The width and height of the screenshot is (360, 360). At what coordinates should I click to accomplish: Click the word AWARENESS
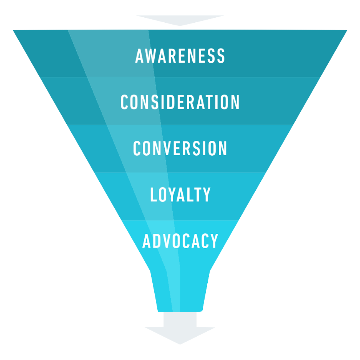pos(180,56)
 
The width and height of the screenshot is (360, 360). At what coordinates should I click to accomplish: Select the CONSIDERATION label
pos(180,102)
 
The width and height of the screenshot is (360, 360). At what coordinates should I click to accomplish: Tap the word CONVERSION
pos(180,148)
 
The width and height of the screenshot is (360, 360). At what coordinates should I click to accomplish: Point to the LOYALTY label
pos(180,195)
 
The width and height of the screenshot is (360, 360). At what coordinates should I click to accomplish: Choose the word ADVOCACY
pos(180,241)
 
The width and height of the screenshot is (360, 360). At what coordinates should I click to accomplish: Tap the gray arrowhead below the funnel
pos(180,335)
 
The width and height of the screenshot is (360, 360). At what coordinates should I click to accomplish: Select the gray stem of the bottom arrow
pos(180,319)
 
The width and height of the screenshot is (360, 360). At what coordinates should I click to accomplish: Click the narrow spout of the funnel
pos(180,290)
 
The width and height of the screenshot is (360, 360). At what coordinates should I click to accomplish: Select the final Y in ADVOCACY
pos(214,241)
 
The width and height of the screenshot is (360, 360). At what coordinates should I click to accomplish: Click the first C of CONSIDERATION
pos(124,102)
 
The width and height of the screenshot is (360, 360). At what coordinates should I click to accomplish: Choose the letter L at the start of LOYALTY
pos(153,195)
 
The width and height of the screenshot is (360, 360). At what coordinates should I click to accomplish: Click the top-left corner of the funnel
pos(14,31)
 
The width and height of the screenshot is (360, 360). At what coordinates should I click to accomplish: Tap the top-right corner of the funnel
pos(346,31)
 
